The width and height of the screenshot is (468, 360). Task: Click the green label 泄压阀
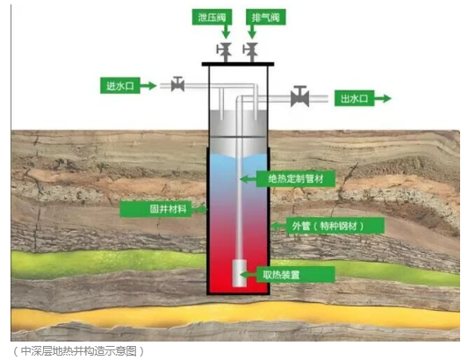[212, 18]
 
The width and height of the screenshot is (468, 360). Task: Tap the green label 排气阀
[266, 18]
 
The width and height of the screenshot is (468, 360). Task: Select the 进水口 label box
[120, 86]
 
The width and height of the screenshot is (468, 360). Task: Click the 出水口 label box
[354, 98]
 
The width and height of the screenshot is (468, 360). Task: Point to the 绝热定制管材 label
[296, 179]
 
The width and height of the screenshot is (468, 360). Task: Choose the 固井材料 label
[155, 209]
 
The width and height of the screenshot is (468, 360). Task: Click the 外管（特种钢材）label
[328, 226]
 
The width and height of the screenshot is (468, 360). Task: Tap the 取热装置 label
[295, 274]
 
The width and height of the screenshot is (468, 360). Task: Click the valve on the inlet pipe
[177, 84]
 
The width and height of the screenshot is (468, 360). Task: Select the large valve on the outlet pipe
[300, 96]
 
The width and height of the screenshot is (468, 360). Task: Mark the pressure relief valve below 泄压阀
[225, 52]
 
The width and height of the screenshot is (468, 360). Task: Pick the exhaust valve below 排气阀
[251, 52]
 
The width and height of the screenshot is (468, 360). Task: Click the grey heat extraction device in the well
[240, 273]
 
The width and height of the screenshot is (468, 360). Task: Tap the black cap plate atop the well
[238, 64]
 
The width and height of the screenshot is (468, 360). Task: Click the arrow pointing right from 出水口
[383, 98]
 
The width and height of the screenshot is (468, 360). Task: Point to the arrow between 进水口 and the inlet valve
[148, 86]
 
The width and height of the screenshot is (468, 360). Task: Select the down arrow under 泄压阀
[226, 32]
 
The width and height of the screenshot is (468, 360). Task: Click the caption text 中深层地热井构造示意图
[79, 351]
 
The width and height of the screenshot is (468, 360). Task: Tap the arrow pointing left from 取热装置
[248, 274]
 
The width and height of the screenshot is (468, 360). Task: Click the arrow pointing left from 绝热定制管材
[248, 179]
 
